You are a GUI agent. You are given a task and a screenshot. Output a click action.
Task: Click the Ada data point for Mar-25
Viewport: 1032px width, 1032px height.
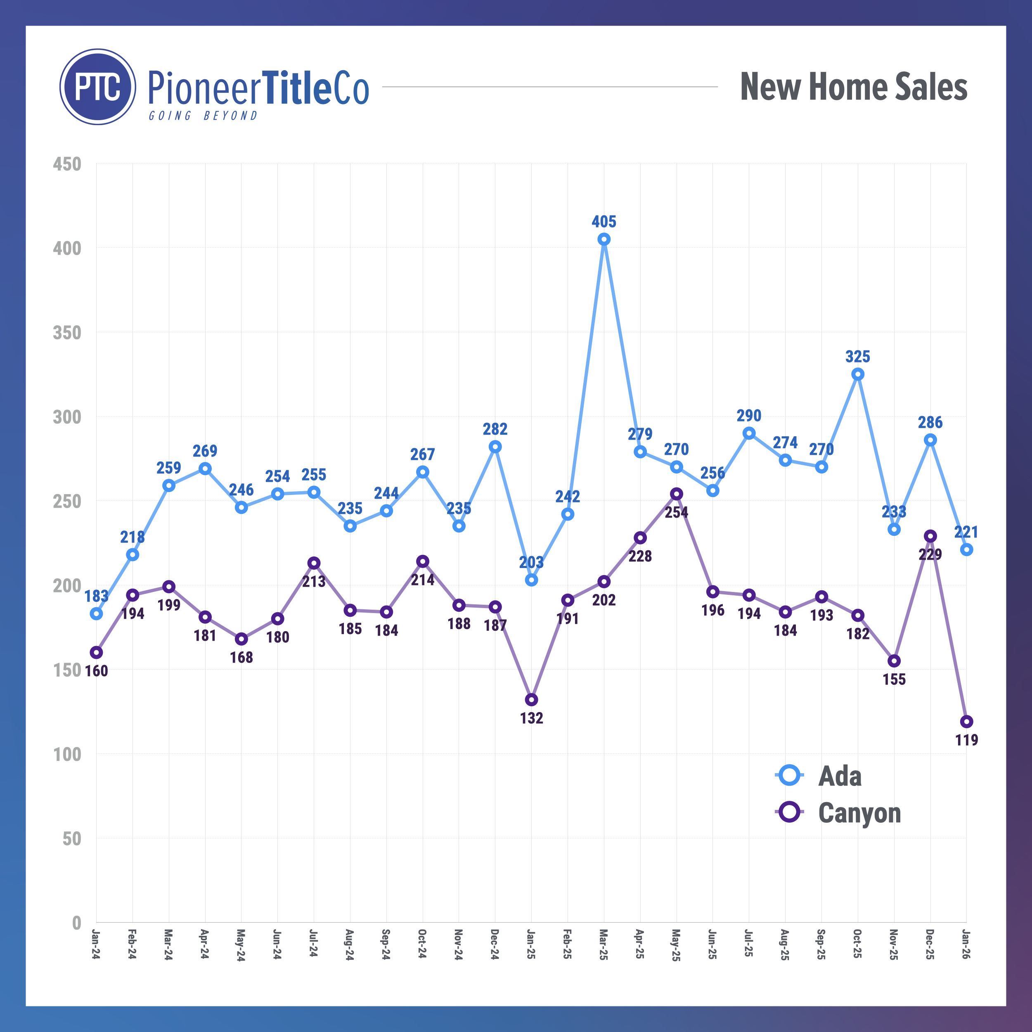point(604,239)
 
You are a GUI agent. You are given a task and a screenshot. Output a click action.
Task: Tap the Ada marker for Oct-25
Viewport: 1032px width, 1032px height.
point(858,374)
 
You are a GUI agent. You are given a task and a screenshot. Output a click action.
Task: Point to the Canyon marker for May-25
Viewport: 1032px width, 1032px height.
point(677,494)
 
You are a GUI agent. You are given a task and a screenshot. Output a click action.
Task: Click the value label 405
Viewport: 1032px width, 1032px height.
point(604,222)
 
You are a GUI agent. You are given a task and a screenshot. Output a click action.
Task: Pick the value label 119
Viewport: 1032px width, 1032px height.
point(966,740)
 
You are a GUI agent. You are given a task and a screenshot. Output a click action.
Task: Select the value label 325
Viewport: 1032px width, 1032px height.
point(858,356)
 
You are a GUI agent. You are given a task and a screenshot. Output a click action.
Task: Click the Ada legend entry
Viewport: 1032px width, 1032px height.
point(819,776)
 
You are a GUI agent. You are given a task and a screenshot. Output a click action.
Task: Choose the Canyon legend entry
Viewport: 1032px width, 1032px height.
point(839,812)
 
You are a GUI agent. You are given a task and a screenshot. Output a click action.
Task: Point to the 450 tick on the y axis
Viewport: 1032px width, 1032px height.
point(67,164)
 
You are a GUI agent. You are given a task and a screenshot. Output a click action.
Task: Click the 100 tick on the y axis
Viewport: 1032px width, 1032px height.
point(67,754)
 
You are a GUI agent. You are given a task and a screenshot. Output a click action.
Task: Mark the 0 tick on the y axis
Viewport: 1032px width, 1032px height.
point(76,923)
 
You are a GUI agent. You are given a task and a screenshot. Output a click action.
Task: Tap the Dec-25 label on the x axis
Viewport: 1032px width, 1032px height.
point(930,944)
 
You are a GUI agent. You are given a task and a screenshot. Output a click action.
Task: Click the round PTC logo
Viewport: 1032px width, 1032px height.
point(98,87)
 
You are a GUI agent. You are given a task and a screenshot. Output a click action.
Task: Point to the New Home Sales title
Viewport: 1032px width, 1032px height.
point(854,87)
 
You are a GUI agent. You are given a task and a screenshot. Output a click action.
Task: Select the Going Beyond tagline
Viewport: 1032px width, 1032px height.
point(203,116)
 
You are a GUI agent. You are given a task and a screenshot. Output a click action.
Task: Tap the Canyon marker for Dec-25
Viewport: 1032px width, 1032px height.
point(930,536)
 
